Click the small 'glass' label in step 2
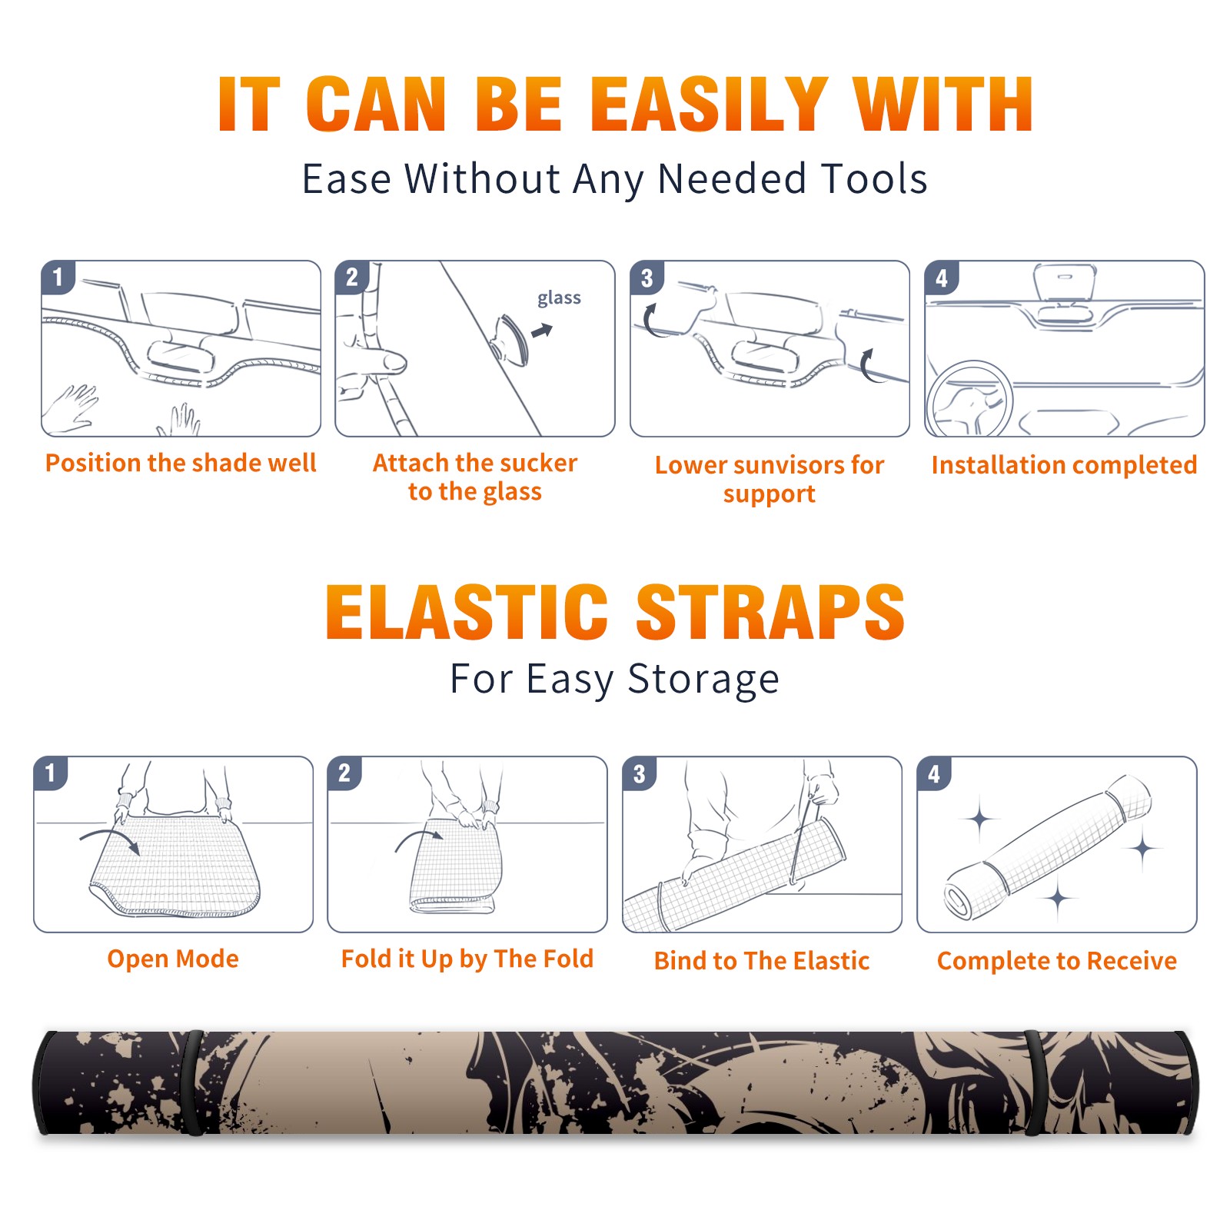pos(559,298)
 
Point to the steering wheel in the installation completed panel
pos(970,399)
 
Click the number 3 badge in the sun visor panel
pos(647,278)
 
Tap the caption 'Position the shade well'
pos(181,463)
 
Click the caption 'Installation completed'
pos(1064,464)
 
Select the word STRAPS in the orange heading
pos(770,612)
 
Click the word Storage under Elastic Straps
pos(703,680)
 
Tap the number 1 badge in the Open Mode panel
pos(51,773)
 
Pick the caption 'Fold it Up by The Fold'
pos(467,959)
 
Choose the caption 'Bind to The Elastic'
pos(762,960)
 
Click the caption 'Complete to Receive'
pos(1057,960)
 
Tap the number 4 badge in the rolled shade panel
pos(934,773)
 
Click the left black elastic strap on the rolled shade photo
pos(193,1083)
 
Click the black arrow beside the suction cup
pos(542,331)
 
